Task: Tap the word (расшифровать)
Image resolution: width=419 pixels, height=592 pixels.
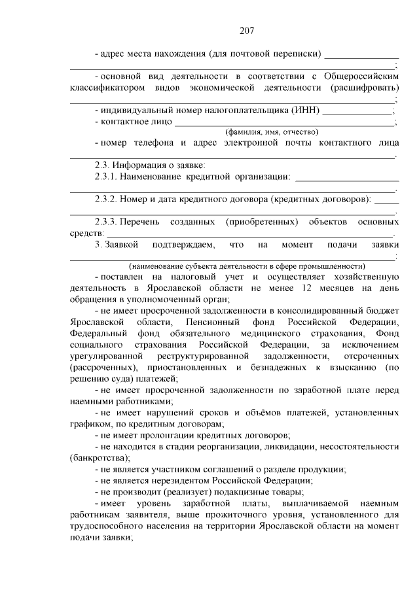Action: point(365,87)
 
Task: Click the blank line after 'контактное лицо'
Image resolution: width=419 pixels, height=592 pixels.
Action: point(284,122)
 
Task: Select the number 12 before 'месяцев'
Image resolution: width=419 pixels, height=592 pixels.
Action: point(307,288)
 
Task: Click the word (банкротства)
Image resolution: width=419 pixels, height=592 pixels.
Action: point(99,458)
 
